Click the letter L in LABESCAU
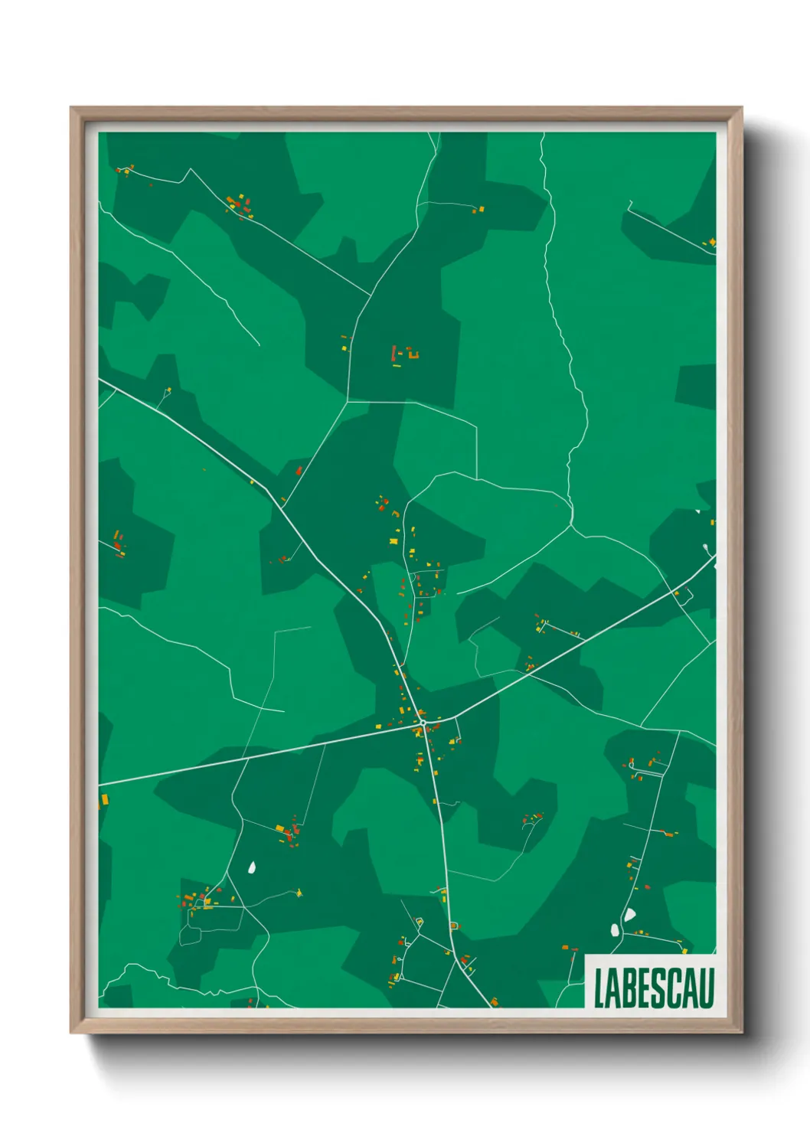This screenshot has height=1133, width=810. point(599,988)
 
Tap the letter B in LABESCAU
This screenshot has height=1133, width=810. point(630,988)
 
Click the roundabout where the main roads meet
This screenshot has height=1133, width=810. point(423,722)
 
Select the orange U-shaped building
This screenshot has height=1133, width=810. point(414,353)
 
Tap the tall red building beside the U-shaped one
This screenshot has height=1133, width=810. point(394,353)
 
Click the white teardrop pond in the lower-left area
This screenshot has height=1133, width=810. point(252,868)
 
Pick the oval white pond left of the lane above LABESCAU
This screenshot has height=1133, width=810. point(614,930)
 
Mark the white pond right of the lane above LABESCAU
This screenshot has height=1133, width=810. point(629,914)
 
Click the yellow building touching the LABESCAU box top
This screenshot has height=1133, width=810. point(684,952)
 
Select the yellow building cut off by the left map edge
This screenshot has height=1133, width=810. point(103,800)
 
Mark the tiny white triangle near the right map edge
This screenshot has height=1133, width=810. point(697,511)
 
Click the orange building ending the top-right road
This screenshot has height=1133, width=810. point(711,243)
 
